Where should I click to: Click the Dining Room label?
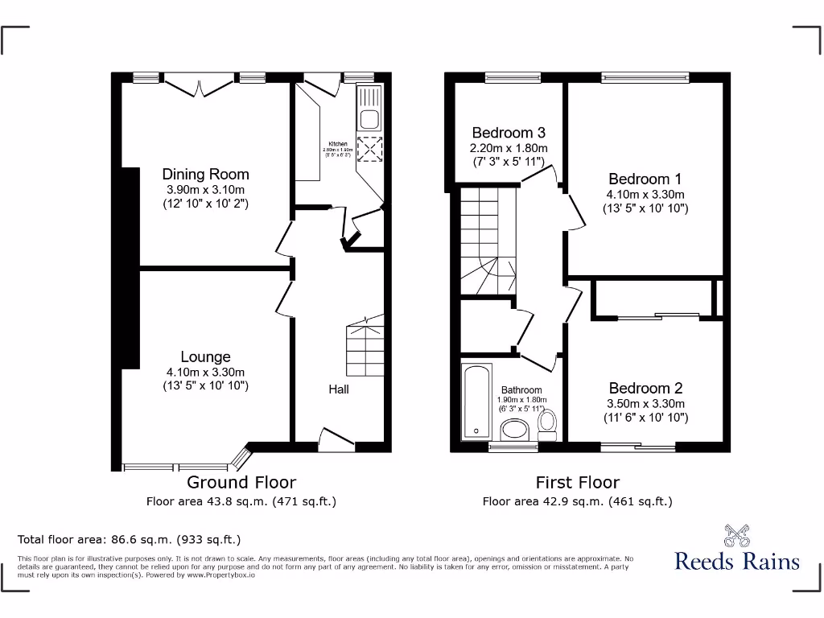click(x=205, y=174)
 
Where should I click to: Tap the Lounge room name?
click(x=205, y=356)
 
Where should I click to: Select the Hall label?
click(x=338, y=389)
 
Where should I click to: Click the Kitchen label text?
click(x=338, y=144)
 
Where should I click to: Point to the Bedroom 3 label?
click(x=509, y=133)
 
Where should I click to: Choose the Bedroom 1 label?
click(x=645, y=179)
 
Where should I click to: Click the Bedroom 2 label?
click(x=645, y=388)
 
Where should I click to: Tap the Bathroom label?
click(x=521, y=390)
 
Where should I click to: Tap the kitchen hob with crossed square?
click(x=370, y=150)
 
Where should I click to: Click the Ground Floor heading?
click(x=241, y=482)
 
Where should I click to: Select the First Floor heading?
click(x=578, y=482)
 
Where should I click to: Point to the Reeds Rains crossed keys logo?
click(x=736, y=534)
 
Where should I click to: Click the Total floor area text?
click(x=129, y=539)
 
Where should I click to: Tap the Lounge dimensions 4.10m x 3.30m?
click(x=205, y=372)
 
